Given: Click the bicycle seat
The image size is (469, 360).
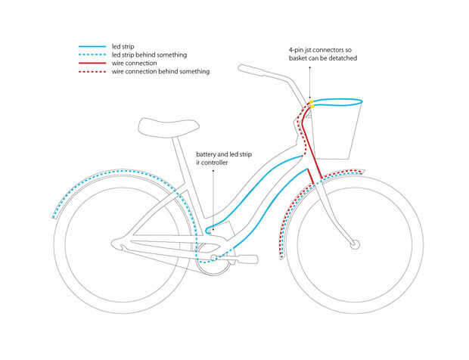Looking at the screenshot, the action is point(169,127).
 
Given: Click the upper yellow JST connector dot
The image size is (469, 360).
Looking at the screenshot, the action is point(311,102).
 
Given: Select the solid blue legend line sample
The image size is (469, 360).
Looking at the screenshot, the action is point(92,47).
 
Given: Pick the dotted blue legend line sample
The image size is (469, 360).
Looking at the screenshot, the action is point(92,55).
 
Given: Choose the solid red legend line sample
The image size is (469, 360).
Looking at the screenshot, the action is point(92,64).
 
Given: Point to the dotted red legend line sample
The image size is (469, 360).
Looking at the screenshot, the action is point(92,72).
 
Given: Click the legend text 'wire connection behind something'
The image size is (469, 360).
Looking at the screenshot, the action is point(160,72).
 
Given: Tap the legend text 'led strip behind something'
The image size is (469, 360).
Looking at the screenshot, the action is point(149,55).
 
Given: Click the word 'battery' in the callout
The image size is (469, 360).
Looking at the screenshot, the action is point(206,154).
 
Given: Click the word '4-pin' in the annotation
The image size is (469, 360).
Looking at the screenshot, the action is point(296,50).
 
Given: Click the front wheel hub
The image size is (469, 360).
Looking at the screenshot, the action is point(355,244).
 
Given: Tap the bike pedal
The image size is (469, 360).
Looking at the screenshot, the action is point(246,259).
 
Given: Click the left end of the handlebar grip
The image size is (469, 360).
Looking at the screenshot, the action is point(239,68).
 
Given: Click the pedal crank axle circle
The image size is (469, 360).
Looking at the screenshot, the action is point(213,258).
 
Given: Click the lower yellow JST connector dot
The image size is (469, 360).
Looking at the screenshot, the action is point(312,107).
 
